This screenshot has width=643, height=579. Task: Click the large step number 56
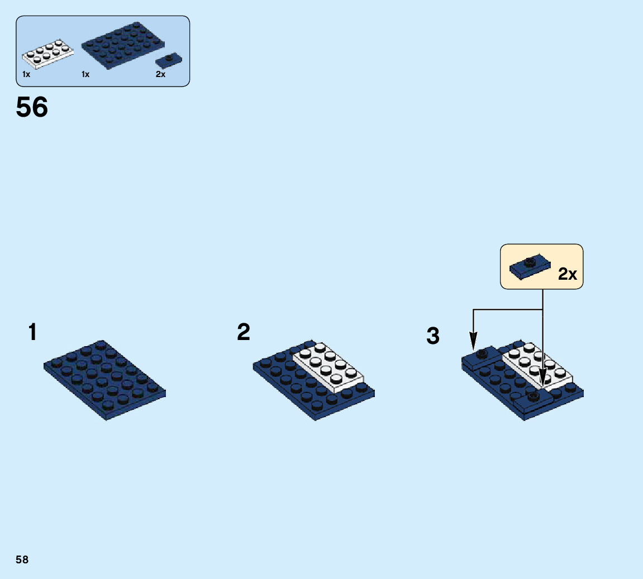[x=32, y=107]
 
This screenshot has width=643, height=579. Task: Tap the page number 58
[x=22, y=559]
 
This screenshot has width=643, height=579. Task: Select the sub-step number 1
[x=33, y=333]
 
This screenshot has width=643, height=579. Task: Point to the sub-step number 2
[x=244, y=332]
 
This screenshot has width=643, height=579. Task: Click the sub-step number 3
[x=433, y=337]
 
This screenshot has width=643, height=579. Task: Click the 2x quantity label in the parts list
[x=161, y=74]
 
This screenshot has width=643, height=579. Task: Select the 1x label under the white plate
[x=26, y=74]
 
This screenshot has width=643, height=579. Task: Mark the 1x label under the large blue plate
[x=85, y=74]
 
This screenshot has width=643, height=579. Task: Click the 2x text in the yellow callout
[x=568, y=274]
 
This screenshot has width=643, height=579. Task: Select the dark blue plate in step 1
[x=105, y=380]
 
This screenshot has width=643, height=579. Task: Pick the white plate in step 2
[x=328, y=366]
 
